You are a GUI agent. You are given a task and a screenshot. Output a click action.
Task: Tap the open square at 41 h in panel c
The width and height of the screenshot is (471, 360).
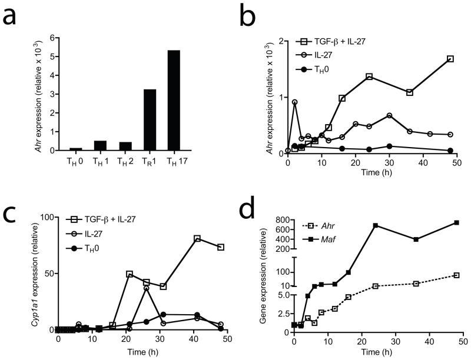tap(197, 238)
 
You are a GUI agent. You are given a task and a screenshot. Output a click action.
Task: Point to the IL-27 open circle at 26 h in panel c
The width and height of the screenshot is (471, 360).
tap(146, 288)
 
